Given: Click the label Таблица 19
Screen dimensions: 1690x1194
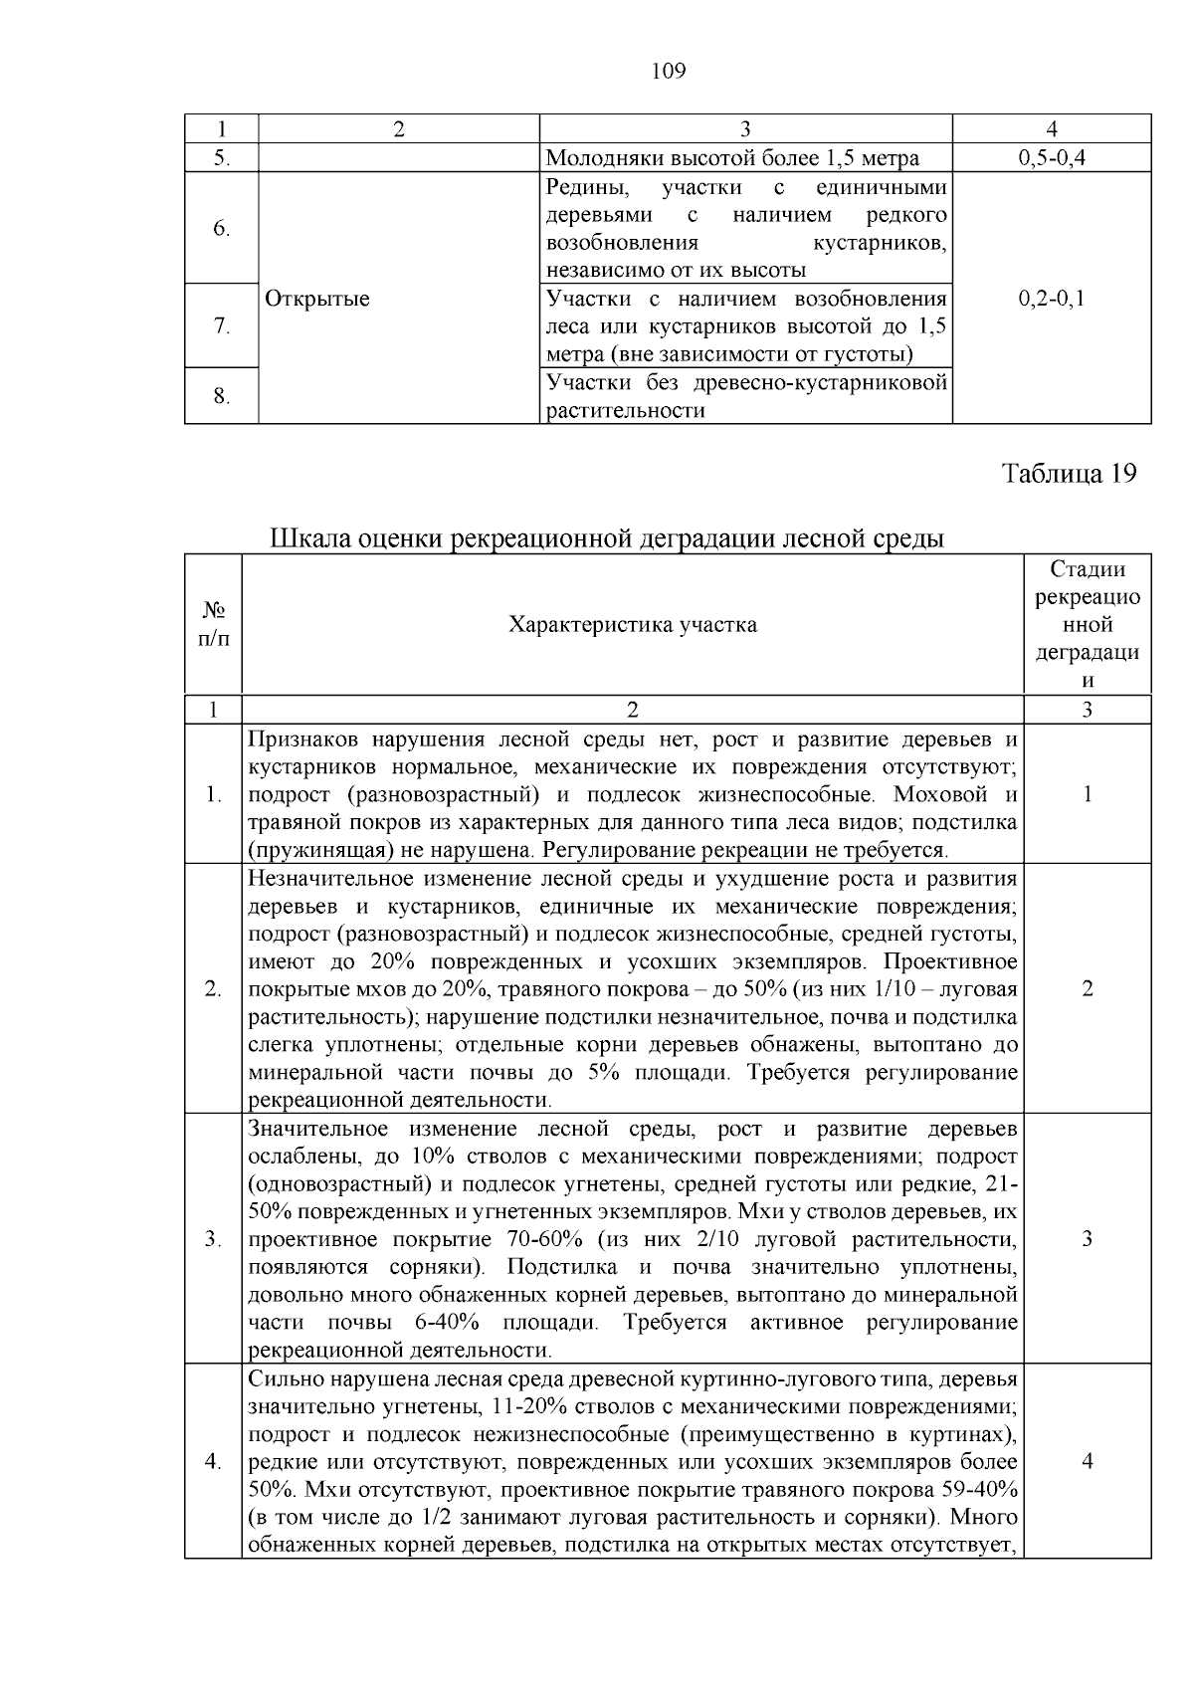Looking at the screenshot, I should point(1069,474).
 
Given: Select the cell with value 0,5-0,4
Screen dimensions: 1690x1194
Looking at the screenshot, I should point(1052,158).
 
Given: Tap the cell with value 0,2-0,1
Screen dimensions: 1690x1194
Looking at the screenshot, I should point(1052,299).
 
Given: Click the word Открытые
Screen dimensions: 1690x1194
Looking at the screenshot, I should point(317,299).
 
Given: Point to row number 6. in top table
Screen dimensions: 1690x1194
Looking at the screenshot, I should point(222,229).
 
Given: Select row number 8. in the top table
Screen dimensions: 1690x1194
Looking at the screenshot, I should point(222,397).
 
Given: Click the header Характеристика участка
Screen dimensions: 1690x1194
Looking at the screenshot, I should point(633,625).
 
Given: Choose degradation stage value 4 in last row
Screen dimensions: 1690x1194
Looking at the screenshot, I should point(1087,1462).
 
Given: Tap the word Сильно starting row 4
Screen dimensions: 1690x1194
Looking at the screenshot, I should point(281,1379).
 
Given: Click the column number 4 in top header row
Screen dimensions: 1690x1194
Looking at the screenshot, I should point(1052,128).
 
